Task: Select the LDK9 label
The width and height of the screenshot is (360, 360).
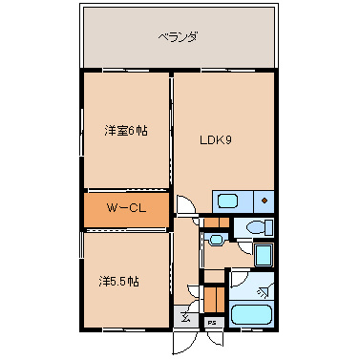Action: click(216, 139)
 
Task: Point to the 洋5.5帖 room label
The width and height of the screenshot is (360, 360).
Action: click(119, 282)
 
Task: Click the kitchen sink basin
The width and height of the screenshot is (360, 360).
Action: click(228, 201)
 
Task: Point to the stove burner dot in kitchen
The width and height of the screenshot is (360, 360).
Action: click(264, 201)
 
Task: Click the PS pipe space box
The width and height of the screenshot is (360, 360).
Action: click(212, 323)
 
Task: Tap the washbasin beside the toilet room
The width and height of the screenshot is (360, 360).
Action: click(215, 240)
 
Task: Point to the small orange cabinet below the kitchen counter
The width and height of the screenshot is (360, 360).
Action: click(216, 223)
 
